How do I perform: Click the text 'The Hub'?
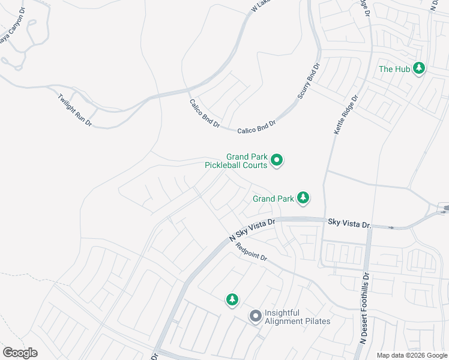pos(394,69)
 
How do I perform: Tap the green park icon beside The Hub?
pos(419,68)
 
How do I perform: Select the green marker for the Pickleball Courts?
pos(277,160)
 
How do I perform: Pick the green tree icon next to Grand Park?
pos(304,197)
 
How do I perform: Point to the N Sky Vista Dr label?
pos(252,230)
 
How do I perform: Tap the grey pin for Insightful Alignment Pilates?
pos(255,316)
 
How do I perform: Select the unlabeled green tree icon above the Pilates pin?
pos(232,299)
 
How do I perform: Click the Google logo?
pos(20,353)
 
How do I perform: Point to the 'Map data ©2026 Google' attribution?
pos(412,355)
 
